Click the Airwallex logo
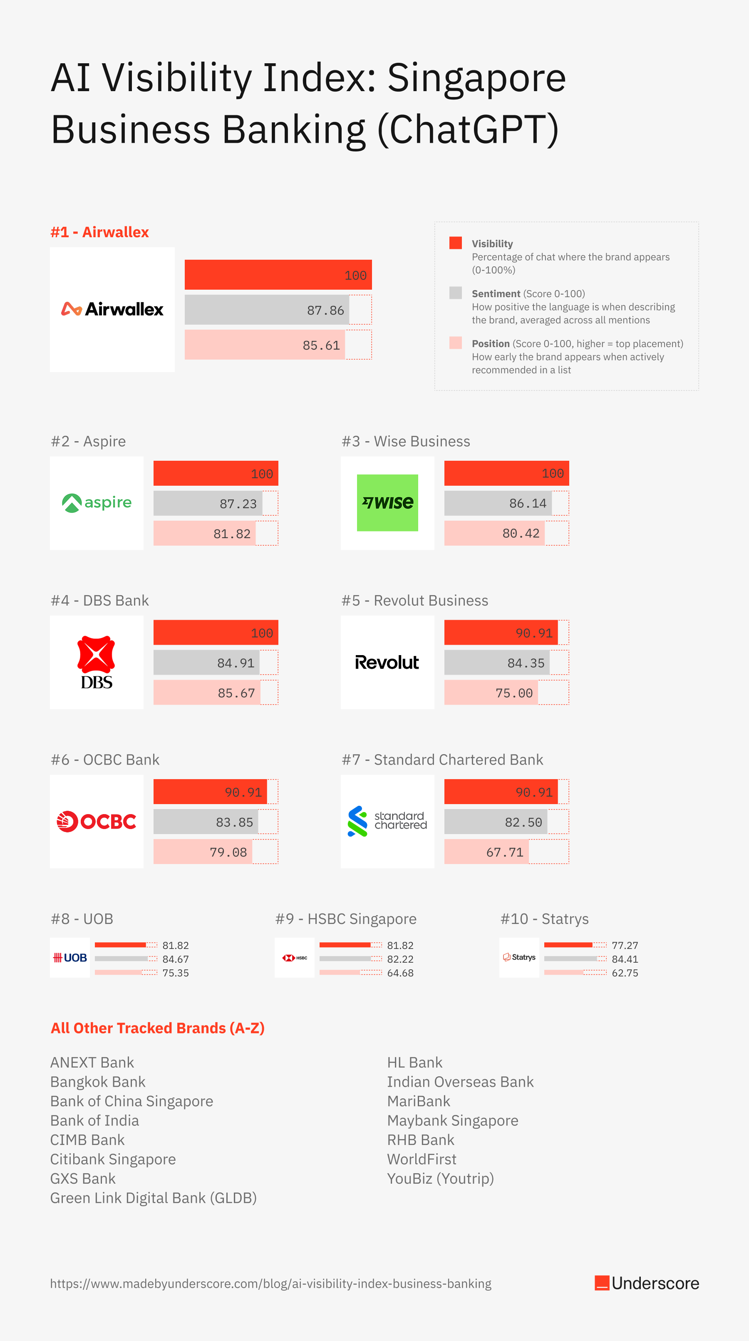pyautogui.click(x=112, y=309)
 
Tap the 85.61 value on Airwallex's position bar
pyautogui.click(x=321, y=345)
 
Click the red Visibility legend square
pyautogui.click(x=456, y=243)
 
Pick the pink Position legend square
pyautogui.click(x=456, y=343)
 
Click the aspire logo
pyautogui.click(x=97, y=503)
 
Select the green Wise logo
pyautogui.click(x=387, y=503)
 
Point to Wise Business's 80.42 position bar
pyautogui.click(x=494, y=533)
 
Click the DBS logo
pyautogui.click(x=97, y=662)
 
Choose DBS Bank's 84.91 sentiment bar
pyautogui.click(x=207, y=663)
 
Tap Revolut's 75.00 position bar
pyautogui.click(x=491, y=693)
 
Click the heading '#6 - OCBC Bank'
pyautogui.click(x=105, y=760)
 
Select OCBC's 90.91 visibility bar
pyautogui.click(x=210, y=792)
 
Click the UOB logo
pyautogui.click(x=70, y=958)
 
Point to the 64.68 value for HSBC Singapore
pyautogui.click(x=400, y=972)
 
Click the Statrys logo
pyautogui.click(x=519, y=957)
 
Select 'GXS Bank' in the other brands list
pyautogui.click(x=83, y=1178)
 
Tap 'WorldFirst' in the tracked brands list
pyautogui.click(x=422, y=1159)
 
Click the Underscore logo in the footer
pyautogui.click(x=647, y=1283)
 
